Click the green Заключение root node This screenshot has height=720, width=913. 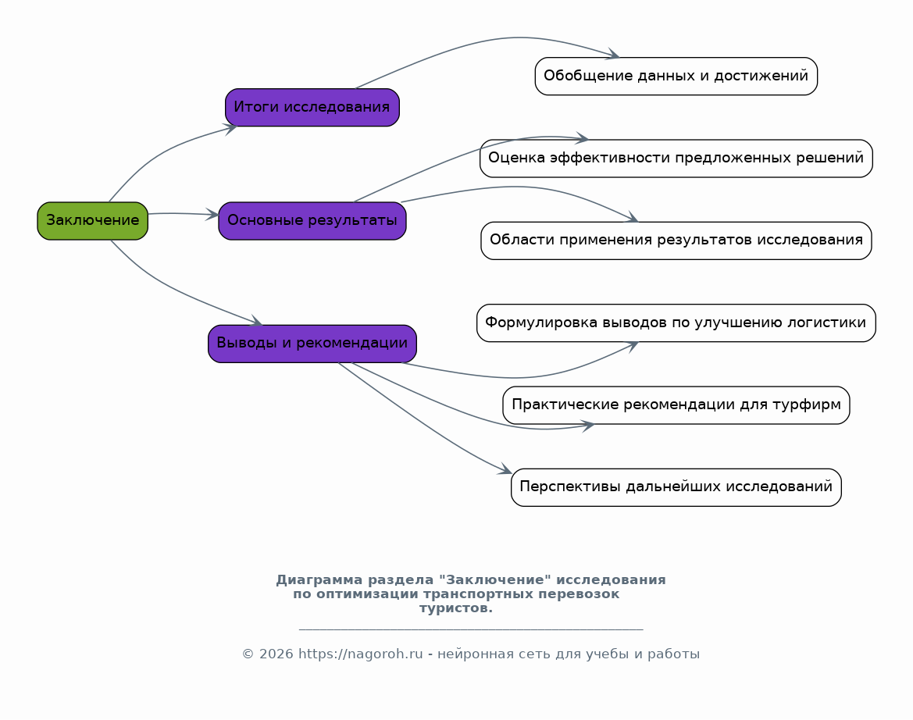(x=93, y=220)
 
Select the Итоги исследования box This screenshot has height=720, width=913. (x=312, y=107)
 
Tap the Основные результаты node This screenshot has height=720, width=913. (x=312, y=220)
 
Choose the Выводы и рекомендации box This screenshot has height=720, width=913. (x=312, y=344)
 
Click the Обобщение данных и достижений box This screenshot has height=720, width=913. (x=676, y=77)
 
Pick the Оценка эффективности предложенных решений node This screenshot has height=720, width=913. (x=676, y=159)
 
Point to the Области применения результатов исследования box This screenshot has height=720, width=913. (x=676, y=241)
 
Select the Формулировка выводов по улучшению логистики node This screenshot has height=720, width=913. (x=676, y=323)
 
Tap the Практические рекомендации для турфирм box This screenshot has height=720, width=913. (x=676, y=405)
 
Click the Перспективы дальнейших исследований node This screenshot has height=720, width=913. (x=676, y=487)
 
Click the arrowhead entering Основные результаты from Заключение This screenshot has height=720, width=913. (x=212, y=215)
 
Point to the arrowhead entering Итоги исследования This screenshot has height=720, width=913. (x=230, y=129)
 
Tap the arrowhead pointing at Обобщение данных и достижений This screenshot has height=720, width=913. (x=613, y=54)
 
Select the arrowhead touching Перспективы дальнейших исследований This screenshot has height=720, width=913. (x=505, y=469)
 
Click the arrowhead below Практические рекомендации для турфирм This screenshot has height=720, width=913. (x=587, y=426)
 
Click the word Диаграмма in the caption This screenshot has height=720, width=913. (x=319, y=579)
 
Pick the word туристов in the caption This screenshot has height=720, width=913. (x=456, y=608)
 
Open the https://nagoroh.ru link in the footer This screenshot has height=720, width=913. (x=360, y=654)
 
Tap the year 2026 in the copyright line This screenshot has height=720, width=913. (x=276, y=654)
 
